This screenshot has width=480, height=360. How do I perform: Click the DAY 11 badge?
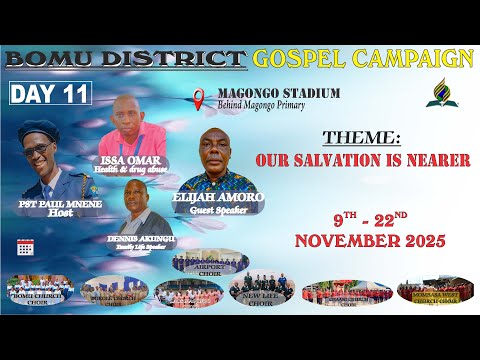pos(51,94)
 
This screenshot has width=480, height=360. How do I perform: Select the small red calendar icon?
pos(25,246)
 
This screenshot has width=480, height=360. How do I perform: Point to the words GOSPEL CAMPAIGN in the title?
pos(363,58)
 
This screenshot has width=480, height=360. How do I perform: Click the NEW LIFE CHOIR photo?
pos(258,289)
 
